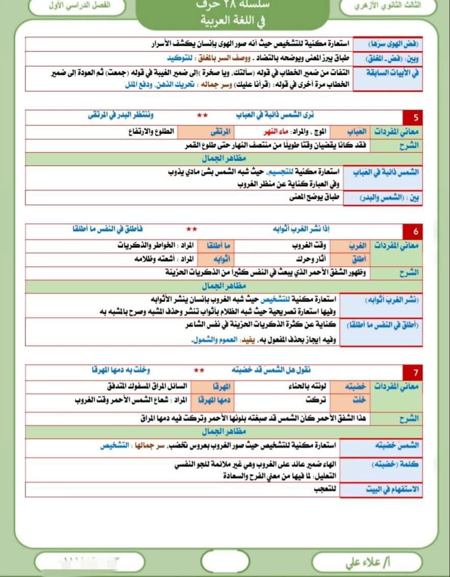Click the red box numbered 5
point(415,118)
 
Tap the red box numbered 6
point(415,231)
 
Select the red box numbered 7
point(415,371)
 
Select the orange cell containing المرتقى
point(213,132)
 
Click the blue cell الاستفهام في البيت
point(392,489)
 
